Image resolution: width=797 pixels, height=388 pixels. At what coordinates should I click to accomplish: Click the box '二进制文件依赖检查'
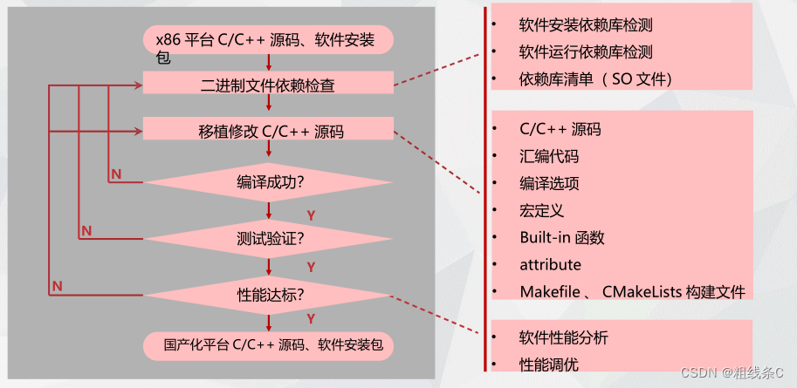pos(267,85)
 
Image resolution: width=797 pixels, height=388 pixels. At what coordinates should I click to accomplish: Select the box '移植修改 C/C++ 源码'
pos(267,132)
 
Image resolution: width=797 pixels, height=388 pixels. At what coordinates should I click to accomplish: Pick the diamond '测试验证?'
pos(270,237)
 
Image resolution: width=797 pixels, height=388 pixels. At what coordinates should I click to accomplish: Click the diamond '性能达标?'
pos(270,294)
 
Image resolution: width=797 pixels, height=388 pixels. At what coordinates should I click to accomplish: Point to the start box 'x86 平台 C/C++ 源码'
pos(267,39)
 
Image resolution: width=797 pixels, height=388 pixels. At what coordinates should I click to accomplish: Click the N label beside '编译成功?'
pos(116,174)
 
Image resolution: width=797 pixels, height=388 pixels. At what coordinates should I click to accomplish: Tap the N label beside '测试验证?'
pos(86,230)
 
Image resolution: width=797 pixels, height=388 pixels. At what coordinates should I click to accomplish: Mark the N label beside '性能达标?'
pos(57,285)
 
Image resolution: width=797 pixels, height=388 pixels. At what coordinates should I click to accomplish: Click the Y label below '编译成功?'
pos(311,213)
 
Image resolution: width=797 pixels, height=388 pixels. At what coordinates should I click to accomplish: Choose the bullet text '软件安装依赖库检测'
pos(585,25)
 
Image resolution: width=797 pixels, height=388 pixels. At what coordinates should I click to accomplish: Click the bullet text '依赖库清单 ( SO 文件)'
pos(596,79)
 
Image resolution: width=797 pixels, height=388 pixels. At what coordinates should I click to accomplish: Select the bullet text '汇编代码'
pos(548,157)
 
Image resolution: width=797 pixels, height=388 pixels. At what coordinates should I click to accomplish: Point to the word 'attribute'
pos(550,264)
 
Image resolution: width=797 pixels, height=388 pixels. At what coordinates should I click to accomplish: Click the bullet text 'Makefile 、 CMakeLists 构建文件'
pos(632,291)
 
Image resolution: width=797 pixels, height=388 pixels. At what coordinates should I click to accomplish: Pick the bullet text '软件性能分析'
pos(563,337)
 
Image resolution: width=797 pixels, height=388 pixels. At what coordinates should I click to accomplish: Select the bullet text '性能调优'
pos(548,364)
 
